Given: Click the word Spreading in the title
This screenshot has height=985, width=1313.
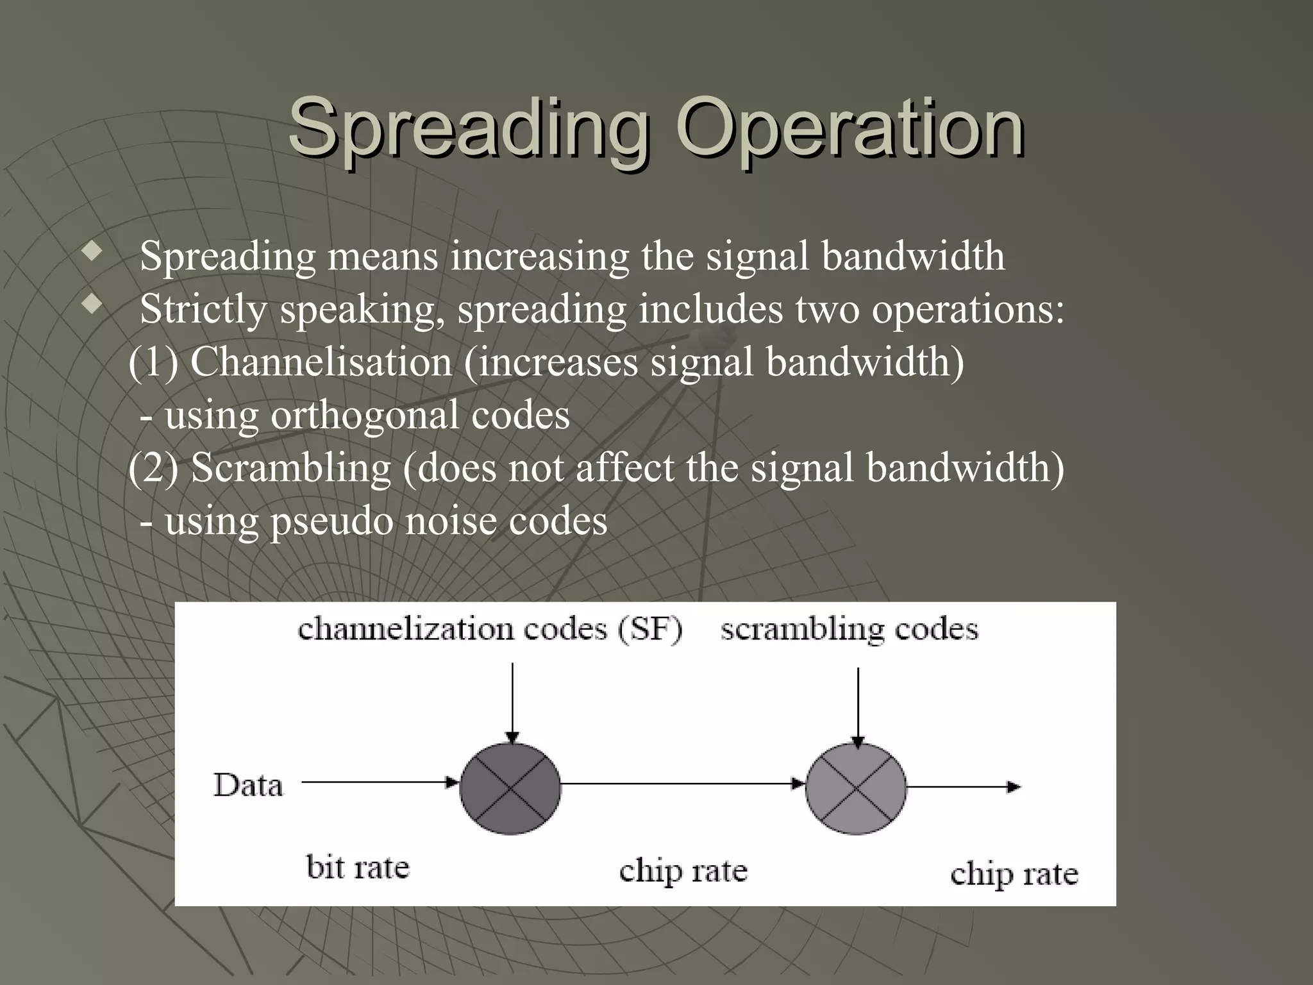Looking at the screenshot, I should coord(469,128).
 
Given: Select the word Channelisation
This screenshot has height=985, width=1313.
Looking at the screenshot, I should coord(321,362).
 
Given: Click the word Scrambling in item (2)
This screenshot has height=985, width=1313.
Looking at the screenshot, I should coord(291,467).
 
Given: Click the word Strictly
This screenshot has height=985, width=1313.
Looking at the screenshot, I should coord(203,309).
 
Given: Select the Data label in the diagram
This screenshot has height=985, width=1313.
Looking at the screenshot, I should coord(248,786).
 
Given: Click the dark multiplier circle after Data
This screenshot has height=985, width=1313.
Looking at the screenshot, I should coord(510,788).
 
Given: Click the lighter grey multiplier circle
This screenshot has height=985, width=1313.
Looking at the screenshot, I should coord(856,788).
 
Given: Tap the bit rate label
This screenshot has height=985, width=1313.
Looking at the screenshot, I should coord(358,868).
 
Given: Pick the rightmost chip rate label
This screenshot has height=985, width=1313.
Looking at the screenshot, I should coord(1014,875).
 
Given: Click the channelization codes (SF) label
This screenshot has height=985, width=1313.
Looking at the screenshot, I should coord(490,630).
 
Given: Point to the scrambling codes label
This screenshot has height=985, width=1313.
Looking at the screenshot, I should coord(849,630).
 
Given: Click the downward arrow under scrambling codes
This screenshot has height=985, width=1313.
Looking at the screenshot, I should coord(858,705).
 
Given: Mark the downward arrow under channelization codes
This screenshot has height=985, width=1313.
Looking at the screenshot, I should coord(512,702).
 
